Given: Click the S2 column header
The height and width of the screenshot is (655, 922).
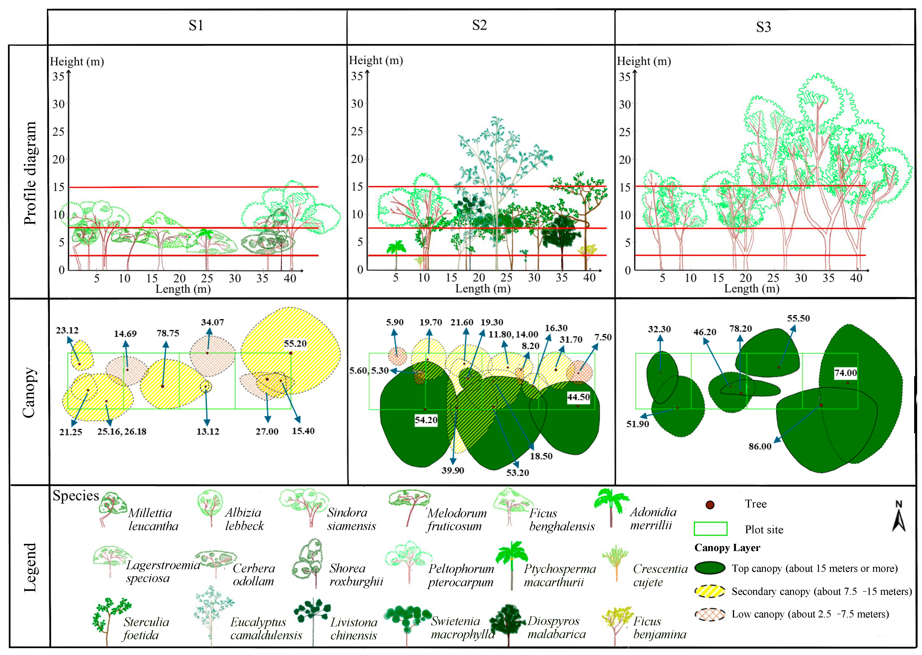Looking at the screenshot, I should pyautogui.click(x=479, y=25).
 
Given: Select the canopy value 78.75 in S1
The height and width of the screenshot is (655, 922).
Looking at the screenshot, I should pyautogui.click(x=168, y=333).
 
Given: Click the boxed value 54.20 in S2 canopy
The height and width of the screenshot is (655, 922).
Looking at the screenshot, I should pyautogui.click(x=426, y=420).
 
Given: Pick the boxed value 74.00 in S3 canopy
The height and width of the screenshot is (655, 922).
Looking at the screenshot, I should pyautogui.click(x=845, y=373).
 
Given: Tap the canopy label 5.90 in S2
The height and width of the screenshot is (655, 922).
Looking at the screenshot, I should pyautogui.click(x=394, y=322).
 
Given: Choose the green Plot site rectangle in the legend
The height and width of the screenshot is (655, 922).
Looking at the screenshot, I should pyautogui.click(x=710, y=529).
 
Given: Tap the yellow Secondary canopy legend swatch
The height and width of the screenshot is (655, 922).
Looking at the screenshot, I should pyautogui.click(x=710, y=591).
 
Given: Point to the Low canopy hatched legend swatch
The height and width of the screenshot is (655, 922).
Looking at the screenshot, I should pyautogui.click(x=710, y=614).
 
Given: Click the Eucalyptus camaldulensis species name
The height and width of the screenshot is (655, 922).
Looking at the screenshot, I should pyautogui.click(x=266, y=628).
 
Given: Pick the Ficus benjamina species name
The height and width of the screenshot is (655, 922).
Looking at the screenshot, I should pyautogui.click(x=659, y=628).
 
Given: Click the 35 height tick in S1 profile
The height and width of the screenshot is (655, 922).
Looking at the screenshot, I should pyautogui.click(x=59, y=76).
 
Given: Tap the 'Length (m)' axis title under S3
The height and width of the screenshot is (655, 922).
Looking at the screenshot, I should pyautogui.click(x=751, y=289).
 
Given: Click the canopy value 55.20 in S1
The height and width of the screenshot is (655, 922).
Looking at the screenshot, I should pyautogui.click(x=295, y=344).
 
